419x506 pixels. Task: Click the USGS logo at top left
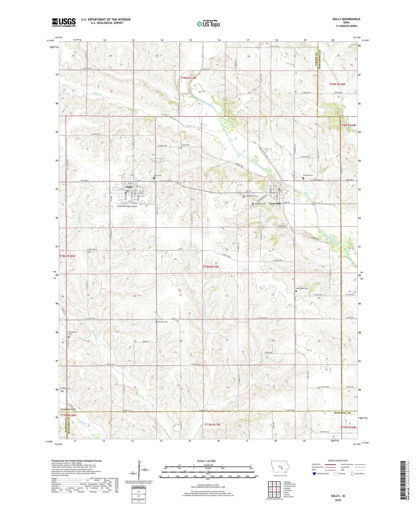click(x=64, y=22)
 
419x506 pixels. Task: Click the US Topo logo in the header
click(x=208, y=24)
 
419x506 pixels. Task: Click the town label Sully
click(x=129, y=187)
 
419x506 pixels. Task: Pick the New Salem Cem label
click(x=302, y=289)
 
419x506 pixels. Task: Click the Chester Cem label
click(x=163, y=322)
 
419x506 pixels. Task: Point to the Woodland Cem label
click(x=260, y=204)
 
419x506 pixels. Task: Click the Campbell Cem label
click(x=251, y=196)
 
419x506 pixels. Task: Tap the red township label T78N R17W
click(x=211, y=267)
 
